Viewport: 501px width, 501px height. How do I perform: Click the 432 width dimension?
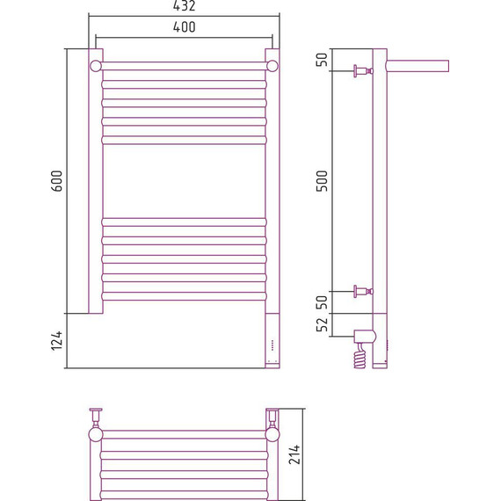(184, 6)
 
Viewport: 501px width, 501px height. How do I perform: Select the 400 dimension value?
(184, 27)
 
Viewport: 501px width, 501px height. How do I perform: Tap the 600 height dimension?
(57, 181)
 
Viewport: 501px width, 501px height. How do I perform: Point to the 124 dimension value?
(57, 341)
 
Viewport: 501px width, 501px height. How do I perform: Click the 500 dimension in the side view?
(322, 181)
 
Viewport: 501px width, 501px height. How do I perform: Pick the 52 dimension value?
(322, 324)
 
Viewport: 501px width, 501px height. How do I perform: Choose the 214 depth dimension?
(294, 454)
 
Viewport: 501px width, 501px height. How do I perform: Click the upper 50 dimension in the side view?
(322, 60)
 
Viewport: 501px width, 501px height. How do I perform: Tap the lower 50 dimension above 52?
(322, 302)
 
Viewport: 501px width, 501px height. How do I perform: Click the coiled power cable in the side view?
(360, 356)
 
